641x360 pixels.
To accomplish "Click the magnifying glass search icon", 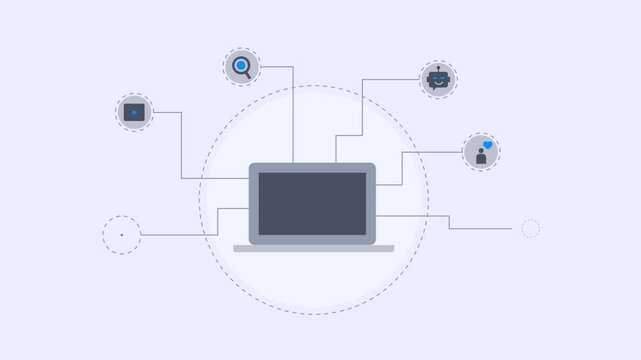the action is point(241,68).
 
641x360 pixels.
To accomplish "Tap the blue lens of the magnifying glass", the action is point(240,67).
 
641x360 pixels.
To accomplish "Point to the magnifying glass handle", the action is point(248,75).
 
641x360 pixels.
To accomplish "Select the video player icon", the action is point(134,113).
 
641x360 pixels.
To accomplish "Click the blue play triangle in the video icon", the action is point(134,113).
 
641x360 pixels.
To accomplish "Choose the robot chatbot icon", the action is point(438,79).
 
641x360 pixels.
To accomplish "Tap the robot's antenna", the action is point(438,67).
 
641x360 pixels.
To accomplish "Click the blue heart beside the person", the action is point(487,146).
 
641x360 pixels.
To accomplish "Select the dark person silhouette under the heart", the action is point(479,158).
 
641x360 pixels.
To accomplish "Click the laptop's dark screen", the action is point(313,203).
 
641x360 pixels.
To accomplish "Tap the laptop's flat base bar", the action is point(313,248).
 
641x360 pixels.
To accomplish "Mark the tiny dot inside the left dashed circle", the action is point(122,235).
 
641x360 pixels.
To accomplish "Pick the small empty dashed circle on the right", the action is point(531,229).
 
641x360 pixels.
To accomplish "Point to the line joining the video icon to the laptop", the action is point(181,150).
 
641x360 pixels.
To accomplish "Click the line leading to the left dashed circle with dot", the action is point(180,234).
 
